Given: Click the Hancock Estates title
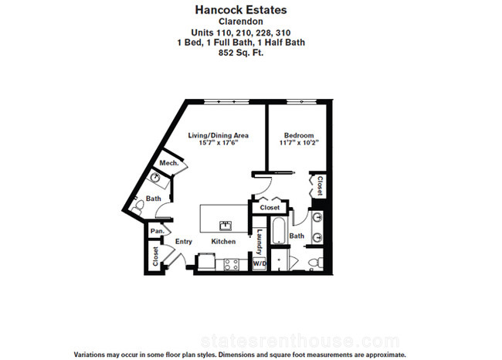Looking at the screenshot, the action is pyautogui.click(x=241, y=10).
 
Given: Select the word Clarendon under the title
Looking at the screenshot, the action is pyautogui.click(x=241, y=22).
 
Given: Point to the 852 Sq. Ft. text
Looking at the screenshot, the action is pyautogui.click(x=241, y=53).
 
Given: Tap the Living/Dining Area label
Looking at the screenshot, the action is pyautogui.click(x=218, y=135).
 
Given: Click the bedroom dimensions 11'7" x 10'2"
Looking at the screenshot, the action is pyautogui.click(x=299, y=143).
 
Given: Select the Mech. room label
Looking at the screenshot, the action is pyautogui.click(x=169, y=163).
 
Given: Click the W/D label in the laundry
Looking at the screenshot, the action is pyautogui.click(x=259, y=263).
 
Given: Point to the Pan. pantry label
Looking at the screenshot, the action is pyautogui.click(x=158, y=231).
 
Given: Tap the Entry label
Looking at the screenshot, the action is pyautogui.click(x=184, y=242).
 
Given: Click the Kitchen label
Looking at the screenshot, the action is pyautogui.click(x=223, y=242).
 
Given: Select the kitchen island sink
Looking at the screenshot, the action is pyautogui.click(x=226, y=226).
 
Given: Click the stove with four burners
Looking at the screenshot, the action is pyautogui.click(x=231, y=265).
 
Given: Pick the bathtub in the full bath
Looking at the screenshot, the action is pyautogui.click(x=279, y=231).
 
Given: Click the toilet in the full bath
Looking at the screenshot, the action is pyautogui.click(x=315, y=263).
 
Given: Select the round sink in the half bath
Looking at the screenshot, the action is pyautogui.click(x=155, y=176).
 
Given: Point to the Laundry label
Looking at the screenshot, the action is pyautogui.click(x=259, y=242).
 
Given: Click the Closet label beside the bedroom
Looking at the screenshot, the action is pyautogui.click(x=320, y=185).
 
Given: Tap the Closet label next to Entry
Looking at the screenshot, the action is pyautogui.click(x=155, y=256).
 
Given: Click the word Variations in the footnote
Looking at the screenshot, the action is pyautogui.click(x=88, y=355).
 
